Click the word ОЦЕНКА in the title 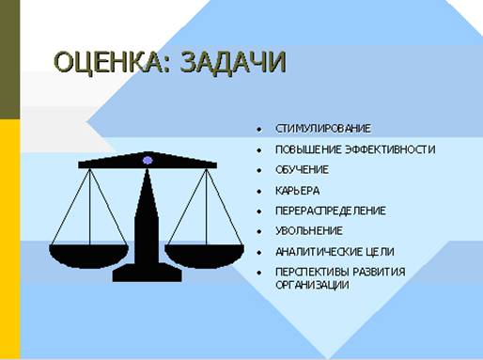[x=106, y=62]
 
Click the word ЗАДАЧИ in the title [x=227, y=62]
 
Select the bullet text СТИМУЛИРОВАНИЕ [x=322, y=129]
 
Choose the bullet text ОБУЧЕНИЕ [x=302, y=170]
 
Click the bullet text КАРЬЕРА [x=297, y=191]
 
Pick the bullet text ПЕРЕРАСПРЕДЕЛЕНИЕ [x=330, y=211]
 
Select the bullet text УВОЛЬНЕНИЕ [x=309, y=231]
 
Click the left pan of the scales [x=88, y=253]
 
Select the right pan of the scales [x=204, y=253]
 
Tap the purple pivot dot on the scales [x=148, y=161]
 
